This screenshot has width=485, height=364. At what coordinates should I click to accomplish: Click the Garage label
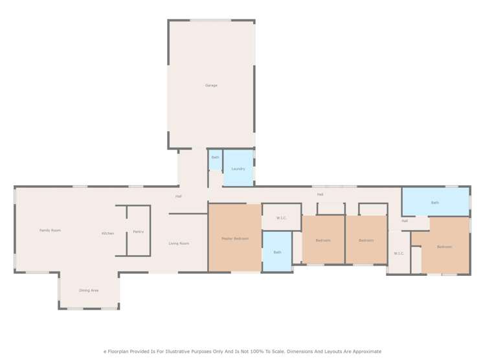coord(211,85)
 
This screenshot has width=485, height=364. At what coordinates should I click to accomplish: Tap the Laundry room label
coord(238,169)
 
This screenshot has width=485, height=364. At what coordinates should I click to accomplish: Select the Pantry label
coord(138,231)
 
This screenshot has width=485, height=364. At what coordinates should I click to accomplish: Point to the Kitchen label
coord(107,233)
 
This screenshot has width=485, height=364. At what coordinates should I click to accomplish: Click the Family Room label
coord(50,230)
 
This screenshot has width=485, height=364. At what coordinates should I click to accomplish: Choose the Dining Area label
coord(89,290)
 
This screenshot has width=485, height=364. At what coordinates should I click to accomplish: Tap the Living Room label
coord(179,244)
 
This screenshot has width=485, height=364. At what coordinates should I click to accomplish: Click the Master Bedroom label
coord(234,238)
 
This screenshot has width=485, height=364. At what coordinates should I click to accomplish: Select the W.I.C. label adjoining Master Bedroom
coord(282,218)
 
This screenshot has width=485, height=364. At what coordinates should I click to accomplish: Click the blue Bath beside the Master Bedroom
coord(277,252)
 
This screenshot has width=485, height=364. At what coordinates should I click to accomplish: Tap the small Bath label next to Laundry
coord(215,157)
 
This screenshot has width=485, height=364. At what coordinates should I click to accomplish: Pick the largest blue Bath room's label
coord(435,203)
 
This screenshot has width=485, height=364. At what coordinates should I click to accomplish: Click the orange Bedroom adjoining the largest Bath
coord(444,247)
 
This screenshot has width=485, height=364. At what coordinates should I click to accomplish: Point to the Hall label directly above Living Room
coord(178,196)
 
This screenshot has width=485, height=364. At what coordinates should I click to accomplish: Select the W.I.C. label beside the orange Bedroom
coord(399,253)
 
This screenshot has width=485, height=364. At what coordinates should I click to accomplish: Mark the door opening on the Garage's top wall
coord(210,21)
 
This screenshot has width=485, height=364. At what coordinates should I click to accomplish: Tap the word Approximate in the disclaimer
coord(365,351)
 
